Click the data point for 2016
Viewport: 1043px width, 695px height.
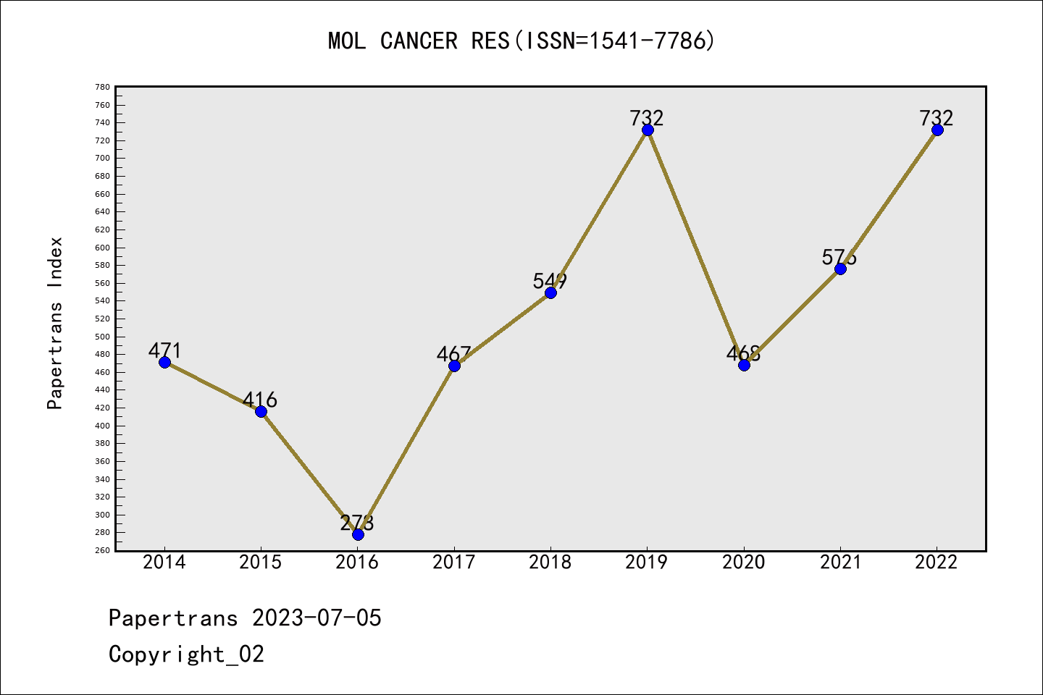[x=358, y=534]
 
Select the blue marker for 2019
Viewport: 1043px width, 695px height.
[x=648, y=130]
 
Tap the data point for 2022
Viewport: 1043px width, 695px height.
[x=937, y=130]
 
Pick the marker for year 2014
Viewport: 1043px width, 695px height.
[x=164, y=362]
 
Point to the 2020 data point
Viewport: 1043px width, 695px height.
[x=744, y=365]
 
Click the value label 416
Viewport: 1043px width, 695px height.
[x=260, y=400]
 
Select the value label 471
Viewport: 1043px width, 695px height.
[x=164, y=350]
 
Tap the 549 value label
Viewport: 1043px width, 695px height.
[x=550, y=281]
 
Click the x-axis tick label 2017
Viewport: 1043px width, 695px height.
[x=454, y=563]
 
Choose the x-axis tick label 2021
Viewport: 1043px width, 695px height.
[x=840, y=563]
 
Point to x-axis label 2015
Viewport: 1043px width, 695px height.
[x=261, y=563]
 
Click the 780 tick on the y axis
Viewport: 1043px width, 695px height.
[x=102, y=87]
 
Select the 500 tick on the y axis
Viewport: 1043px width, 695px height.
[x=102, y=337]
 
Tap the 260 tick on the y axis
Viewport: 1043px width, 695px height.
[x=102, y=550]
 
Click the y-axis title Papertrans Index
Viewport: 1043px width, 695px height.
[x=55, y=323]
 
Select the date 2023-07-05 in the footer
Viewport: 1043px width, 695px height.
[x=317, y=618]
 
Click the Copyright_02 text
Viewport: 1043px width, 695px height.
[x=186, y=654]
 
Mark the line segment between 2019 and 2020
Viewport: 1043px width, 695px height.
[x=695, y=247]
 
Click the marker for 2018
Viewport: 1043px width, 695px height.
[x=550, y=292]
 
